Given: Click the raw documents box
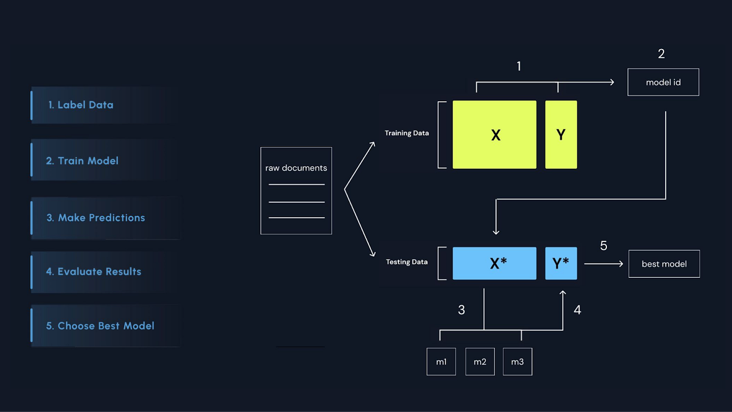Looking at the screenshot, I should point(296,190).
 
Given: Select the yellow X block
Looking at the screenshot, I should point(494,135).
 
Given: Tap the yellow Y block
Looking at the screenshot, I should point(561,135).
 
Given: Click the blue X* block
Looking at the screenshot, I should point(494,263).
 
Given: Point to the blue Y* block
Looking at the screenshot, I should point(561,263).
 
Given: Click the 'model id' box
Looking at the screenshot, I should point(663,82).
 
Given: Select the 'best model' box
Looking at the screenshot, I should point(664,264).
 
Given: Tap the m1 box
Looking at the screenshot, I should point(441,361).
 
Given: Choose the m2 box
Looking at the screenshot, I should point(480,361).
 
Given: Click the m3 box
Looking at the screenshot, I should point(517,361).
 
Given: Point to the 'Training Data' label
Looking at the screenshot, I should point(406,133).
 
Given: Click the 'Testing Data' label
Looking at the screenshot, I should point(406,262).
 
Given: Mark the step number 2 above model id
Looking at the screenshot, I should point(661,54).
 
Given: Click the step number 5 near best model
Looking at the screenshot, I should point(604,246).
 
